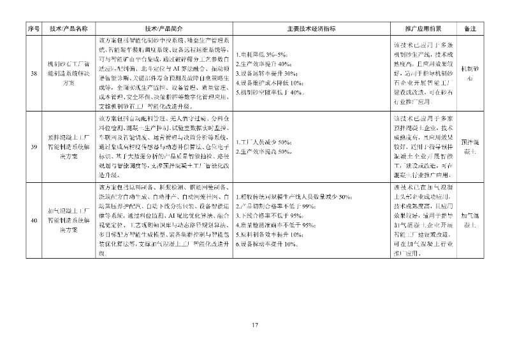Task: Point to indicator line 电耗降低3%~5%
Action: [x=263, y=55]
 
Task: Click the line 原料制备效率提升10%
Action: [x=268, y=235]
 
